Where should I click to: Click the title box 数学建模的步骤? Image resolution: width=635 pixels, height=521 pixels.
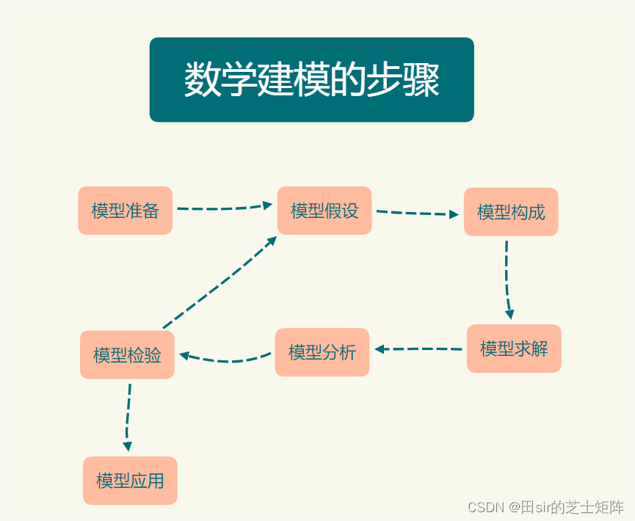click(x=311, y=79)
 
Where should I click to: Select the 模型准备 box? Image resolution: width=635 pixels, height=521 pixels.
click(x=125, y=211)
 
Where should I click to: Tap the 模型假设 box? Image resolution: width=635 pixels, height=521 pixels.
click(x=324, y=211)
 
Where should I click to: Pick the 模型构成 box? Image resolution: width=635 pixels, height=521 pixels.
click(x=511, y=212)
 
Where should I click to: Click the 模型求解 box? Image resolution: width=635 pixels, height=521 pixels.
click(x=514, y=349)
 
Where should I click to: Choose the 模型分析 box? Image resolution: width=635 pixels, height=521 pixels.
click(x=322, y=352)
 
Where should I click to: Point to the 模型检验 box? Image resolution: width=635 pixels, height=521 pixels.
click(x=127, y=355)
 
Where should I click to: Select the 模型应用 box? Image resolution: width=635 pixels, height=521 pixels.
click(x=130, y=481)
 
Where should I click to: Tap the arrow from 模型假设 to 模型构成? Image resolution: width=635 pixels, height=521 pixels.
click(x=417, y=214)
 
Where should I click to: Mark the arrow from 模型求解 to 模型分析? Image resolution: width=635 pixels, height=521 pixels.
click(x=418, y=349)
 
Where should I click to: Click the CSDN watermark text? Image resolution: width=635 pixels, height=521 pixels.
click(x=545, y=507)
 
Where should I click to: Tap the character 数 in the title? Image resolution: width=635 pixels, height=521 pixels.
click(x=200, y=79)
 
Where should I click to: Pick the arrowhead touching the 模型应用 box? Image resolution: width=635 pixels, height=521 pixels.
click(x=128, y=446)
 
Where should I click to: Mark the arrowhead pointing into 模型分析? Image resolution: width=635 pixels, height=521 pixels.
click(x=380, y=349)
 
